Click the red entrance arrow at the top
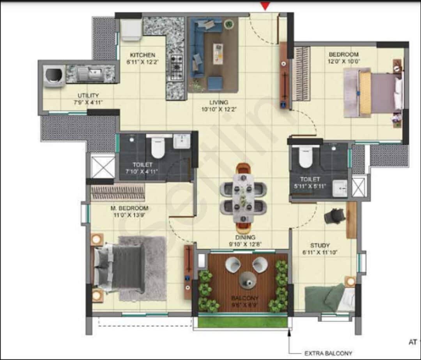[x=265, y=6]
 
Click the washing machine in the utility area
[x=54, y=75]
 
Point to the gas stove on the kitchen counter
[x=176, y=68]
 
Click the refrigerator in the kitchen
[x=131, y=30]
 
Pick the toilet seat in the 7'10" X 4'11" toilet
[x=158, y=148]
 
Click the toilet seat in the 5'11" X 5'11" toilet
[x=306, y=157]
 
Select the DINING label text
[x=245, y=237]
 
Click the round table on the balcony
[x=248, y=279]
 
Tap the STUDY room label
[x=320, y=245]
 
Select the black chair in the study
[x=334, y=215]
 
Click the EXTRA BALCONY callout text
[x=328, y=353]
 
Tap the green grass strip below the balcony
[x=242, y=322]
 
